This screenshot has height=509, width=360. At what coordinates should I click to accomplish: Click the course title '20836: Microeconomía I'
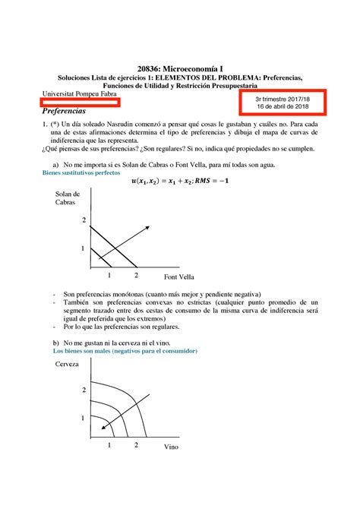pos(180,67)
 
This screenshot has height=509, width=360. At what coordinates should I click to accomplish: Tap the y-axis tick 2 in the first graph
pos(84,220)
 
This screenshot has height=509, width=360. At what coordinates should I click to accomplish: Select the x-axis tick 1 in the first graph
pos(110,274)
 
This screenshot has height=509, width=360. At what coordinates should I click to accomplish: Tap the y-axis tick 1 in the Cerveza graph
pos(84,419)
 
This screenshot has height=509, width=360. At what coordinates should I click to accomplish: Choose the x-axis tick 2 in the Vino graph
pos(136,444)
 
